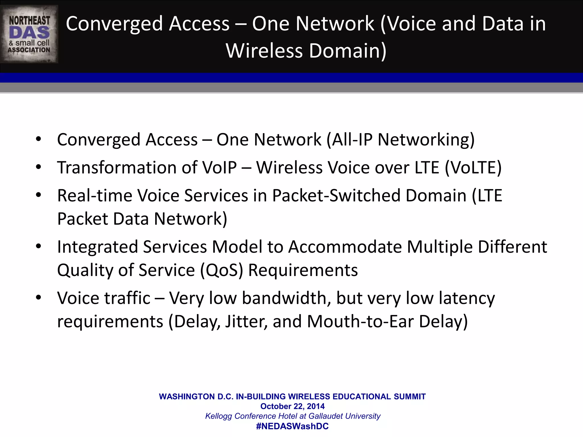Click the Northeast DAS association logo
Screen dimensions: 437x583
click(29, 34)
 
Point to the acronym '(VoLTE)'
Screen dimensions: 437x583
click(473, 167)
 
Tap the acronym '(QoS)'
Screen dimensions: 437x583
click(221, 270)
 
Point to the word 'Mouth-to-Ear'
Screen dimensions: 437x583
click(360, 321)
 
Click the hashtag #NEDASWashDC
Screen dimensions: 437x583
click(292, 426)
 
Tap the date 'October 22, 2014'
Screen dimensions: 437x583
click(292, 406)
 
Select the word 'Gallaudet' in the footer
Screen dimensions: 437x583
click(325, 416)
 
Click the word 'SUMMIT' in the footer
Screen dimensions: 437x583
click(410, 397)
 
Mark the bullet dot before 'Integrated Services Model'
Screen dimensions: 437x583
click(39, 246)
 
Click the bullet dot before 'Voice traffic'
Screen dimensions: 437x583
click(39, 298)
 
